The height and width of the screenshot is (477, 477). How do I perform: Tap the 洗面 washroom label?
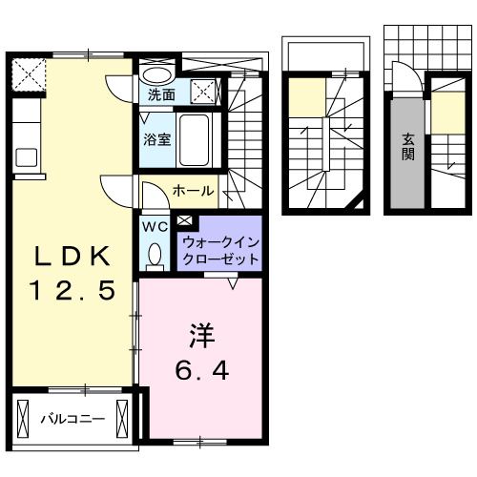coord(161,95)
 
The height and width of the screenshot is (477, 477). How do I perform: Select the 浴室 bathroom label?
coord(157,139)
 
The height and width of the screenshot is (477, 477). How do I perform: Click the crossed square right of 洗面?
coord(203,93)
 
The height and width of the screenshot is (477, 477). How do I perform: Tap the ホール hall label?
coord(193,191)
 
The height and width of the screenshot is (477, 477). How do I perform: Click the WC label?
coord(155,227)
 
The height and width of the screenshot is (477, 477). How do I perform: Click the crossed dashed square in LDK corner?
coord(27,74)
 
